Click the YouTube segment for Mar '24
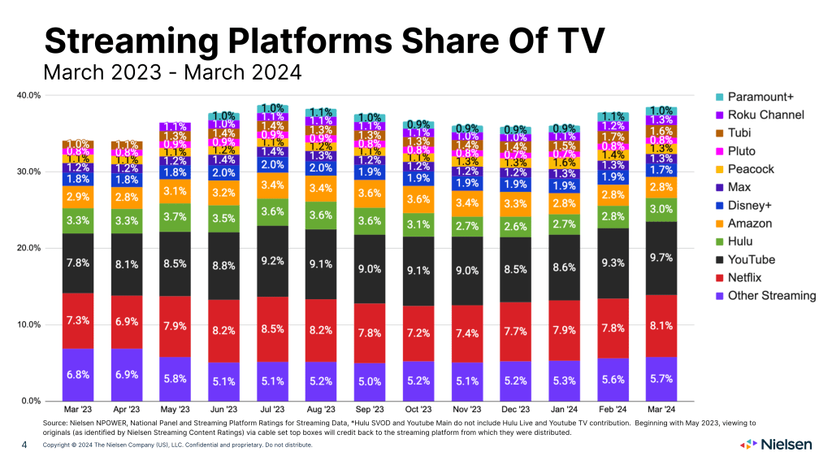point(661,258)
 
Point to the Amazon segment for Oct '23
point(418,199)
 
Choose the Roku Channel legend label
point(764,115)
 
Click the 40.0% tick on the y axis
point(28,95)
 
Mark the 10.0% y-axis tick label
point(28,324)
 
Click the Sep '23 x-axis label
point(370,409)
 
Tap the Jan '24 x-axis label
point(564,409)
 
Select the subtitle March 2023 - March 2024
point(172,72)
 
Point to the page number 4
point(24,445)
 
